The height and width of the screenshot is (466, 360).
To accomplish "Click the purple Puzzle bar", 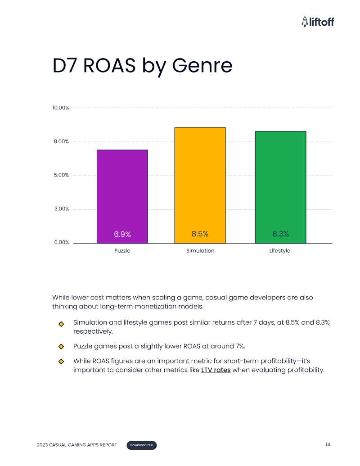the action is point(122,196).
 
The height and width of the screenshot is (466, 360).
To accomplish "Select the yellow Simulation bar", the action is point(200,185).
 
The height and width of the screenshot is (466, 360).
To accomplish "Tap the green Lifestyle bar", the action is point(280,187).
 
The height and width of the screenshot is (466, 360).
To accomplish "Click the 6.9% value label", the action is point(122,234).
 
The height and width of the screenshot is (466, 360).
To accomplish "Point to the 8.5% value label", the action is point(200,234).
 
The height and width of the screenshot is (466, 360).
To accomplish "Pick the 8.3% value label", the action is point(281,234).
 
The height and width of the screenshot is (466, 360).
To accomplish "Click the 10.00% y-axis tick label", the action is point(61,108).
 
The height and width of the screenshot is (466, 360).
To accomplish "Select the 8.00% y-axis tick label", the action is point(62,141).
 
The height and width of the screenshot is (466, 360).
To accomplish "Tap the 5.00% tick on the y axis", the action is point(62,175).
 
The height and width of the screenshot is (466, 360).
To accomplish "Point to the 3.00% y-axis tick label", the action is point(62,208).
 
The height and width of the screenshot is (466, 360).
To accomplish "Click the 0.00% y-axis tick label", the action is point(62,243).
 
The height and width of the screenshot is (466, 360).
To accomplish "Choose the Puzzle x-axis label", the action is point(122,250).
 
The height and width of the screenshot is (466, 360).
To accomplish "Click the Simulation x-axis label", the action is point(200,250).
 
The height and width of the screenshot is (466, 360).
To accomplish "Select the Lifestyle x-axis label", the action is point(280,250).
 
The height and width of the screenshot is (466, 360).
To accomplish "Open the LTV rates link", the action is point(216,370).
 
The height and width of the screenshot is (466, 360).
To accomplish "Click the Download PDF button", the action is point(142,445).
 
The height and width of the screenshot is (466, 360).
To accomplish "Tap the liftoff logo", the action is point(318,22).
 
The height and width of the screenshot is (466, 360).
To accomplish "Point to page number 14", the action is point(328,444).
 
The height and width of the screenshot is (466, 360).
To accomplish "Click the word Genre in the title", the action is point(202,65).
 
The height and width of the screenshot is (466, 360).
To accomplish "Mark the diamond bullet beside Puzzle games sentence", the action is point(61,347).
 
